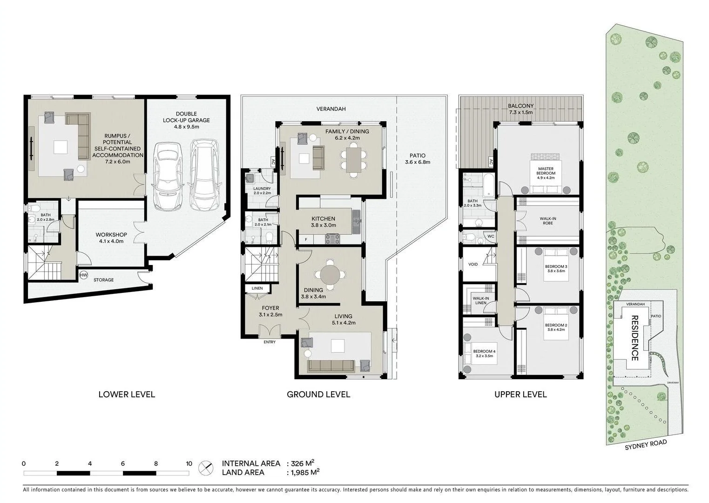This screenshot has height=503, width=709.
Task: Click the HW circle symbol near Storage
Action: [x=84, y=275]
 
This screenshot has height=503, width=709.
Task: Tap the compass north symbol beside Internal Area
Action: [x=205, y=468]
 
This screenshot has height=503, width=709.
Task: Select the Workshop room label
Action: [x=110, y=238]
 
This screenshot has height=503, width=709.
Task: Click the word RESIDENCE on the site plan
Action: [x=635, y=338]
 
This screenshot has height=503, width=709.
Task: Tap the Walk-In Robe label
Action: [x=547, y=221]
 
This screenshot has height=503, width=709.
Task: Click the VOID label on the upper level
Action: [x=473, y=265]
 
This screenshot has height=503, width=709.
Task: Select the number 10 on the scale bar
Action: [x=189, y=464]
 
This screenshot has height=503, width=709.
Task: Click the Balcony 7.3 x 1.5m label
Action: [x=520, y=109]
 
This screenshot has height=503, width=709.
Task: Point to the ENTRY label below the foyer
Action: [x=270, y=342]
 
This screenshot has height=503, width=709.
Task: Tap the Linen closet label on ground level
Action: [x=257, y=288]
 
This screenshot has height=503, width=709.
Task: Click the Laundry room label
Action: [x=262, y=190]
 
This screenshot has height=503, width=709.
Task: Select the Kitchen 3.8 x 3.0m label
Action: [x=323, y=222]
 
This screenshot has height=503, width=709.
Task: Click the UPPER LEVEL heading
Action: [x=520, y=394]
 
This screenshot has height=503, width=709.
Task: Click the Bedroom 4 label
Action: [x=484, y=353]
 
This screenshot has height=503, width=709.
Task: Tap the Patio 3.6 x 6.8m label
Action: [x=418, y=159]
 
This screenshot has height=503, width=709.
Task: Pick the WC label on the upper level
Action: [x=491, y=236]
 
